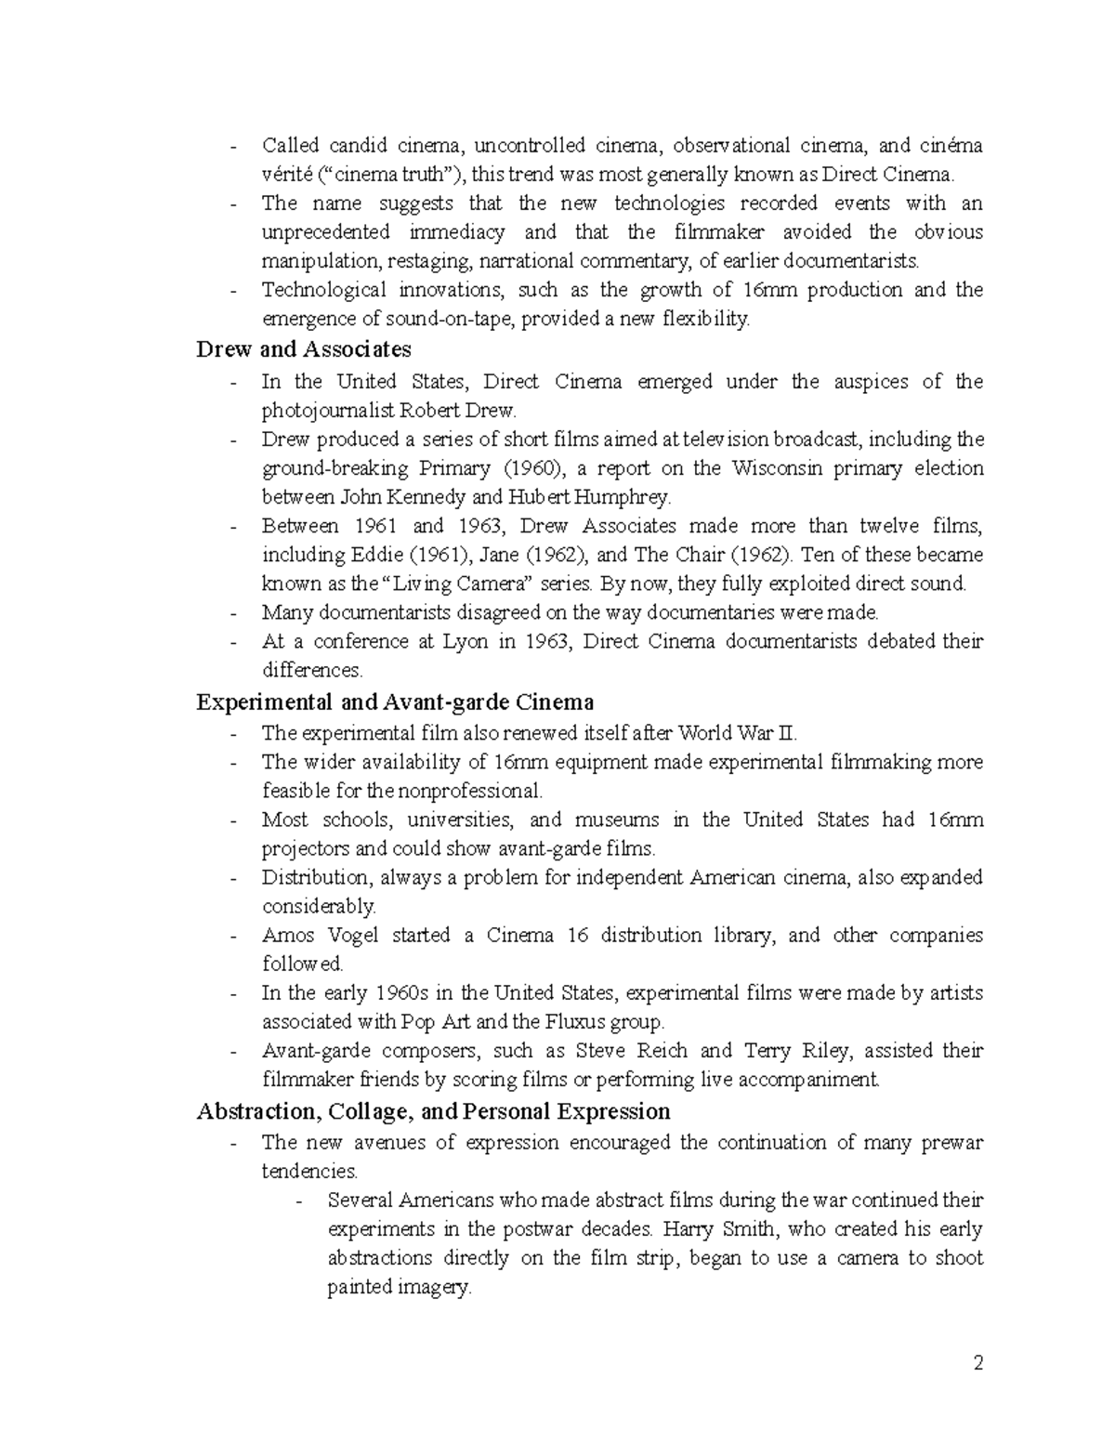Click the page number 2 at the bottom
[x=977, y=1364]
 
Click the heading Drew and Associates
[x=303, y=349]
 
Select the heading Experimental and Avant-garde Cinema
[x=395, y=702]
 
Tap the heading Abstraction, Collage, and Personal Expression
[x=433, y=1111]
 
